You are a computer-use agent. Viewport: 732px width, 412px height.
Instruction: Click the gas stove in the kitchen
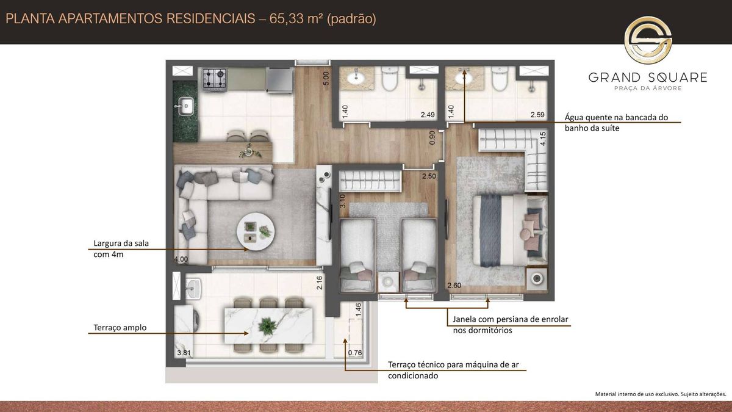(x=214, y=79)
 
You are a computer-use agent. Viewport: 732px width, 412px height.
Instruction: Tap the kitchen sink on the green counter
(x=185, y=106)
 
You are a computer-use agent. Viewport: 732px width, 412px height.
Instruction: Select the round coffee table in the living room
(x=256, y=231)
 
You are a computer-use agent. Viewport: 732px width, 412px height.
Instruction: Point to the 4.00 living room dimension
(x=181, y=259)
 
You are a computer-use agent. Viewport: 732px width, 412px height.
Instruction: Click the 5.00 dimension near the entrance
(x=326, y=79)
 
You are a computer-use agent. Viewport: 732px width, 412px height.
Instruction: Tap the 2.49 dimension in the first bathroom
(x=428, y=115)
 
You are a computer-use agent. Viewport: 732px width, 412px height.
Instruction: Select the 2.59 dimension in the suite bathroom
(x=537, y=115)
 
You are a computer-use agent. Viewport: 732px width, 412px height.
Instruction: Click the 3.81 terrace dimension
(x=184, y=353)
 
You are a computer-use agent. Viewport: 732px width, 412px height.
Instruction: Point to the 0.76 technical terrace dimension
(x=355, y=353)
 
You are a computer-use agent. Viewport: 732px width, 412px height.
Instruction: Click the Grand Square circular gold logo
(x=648, y=40)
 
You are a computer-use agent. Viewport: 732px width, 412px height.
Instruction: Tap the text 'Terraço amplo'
(x=120, y=328)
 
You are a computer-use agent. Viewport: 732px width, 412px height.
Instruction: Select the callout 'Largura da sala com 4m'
(x=121, y=249)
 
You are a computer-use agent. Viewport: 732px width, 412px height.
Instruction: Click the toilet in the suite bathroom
(x=500, y=79)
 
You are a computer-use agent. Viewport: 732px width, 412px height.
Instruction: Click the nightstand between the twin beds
(x=388, y=281)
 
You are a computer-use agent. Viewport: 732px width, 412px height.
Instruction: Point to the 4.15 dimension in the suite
(x=543, y=139)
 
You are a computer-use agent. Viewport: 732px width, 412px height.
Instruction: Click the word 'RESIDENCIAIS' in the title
(x=211, y=19)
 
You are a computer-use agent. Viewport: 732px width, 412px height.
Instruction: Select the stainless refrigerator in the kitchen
(x=279, y=80)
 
